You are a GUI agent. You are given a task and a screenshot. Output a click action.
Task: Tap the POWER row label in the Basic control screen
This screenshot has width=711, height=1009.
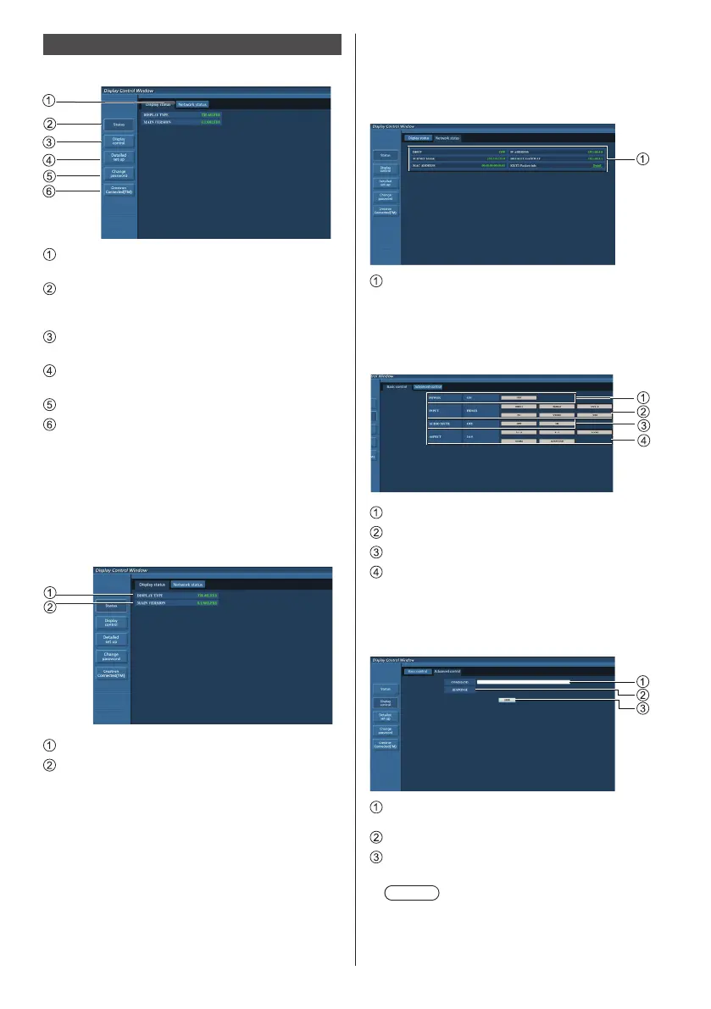point(436,396)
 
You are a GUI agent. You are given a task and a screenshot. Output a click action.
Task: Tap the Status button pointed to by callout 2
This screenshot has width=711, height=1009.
point(118,125)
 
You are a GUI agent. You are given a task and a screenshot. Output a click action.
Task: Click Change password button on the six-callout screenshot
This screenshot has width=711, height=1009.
point(118,174)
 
